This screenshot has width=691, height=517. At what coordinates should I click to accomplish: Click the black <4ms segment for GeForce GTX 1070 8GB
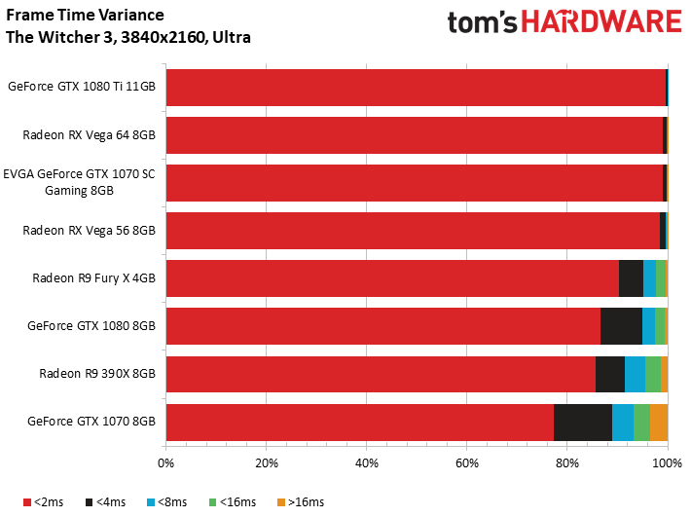pyautogui.click(x=583, y=423)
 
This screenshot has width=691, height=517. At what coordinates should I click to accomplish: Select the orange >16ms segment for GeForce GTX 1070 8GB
pyautogui.click(x=659, y=423)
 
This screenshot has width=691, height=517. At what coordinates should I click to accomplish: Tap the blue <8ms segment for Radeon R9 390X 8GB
pyautogui.click(x=635, y=374)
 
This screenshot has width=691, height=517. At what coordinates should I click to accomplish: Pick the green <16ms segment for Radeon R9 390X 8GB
pyautogui.click(x=653, y=374)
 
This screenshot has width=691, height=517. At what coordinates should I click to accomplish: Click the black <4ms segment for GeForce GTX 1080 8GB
pyautogui.click(x=621, y=326)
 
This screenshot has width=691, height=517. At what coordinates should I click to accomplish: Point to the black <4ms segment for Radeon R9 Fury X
pyautogui.click(x=631, y=278)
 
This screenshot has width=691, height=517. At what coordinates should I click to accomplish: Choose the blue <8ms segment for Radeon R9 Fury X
pyautogui.click(x=649, y=278)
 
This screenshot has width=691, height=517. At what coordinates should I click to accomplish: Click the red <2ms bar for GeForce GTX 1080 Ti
pyautogui.click(x=416, y=88)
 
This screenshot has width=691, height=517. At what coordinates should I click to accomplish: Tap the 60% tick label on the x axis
pyautogui.click(x=467, y=463)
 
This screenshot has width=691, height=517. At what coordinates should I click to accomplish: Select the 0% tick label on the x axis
pyautogui.click(x=165, y=463)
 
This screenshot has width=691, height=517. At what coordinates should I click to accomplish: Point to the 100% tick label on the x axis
pyautogui.click(x=668, y=463)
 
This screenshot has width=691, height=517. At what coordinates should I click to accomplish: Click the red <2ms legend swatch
pyautogui.click(x=27, y=502)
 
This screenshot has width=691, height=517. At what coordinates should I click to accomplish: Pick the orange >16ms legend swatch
pyautogui.click(x=281, y=502)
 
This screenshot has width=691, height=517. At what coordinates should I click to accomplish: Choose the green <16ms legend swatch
pyautogui.click(x=213, y=502)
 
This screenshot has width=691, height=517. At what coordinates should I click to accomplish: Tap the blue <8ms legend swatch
pyautogui.click(x=151, y=502)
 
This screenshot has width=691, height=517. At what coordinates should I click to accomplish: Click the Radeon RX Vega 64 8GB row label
pyautogui.click(x=89, y=135)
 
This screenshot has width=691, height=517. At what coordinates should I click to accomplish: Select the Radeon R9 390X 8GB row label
pyautogui.click(x=97, y=374)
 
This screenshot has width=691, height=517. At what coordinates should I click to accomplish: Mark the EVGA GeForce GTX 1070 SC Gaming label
pyautogui.click(x=80, y=182)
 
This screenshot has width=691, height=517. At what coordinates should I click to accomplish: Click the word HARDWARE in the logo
pyautogui.click(x=602, y=22)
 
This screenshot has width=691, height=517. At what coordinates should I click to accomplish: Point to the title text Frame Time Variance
pyautogui.click(x=85, y=15)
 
